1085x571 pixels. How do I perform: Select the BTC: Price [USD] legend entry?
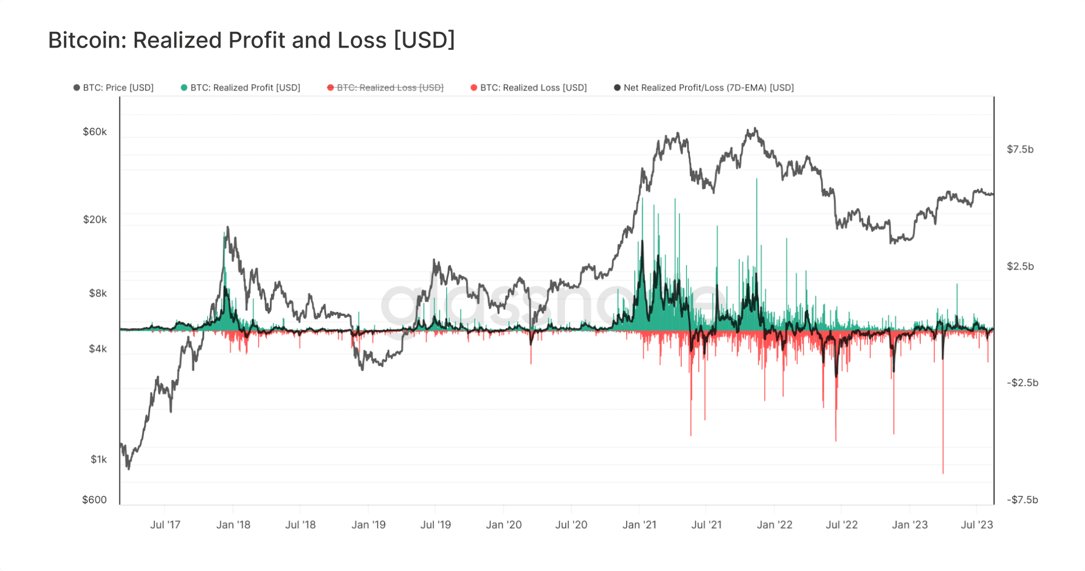click(x=114, y=88)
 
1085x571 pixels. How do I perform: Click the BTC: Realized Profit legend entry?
click(x=241, y=88)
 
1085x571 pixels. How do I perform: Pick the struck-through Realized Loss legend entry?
click(x=385, y=88)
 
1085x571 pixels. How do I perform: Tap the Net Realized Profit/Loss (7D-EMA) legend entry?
click(x=704, y=88)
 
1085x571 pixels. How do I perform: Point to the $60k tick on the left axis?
click(x=95, y=132)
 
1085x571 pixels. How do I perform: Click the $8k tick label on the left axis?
click(x=97, y=293)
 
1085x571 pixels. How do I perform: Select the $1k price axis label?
click(x=99, y=460)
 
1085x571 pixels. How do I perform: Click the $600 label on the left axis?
click(x=95, y=500)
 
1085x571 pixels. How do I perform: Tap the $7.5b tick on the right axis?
click(x=1020, y=150)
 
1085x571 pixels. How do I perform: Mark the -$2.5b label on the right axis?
click(x=1022, y=383)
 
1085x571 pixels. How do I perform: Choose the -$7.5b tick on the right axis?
click(x=1022, y=500)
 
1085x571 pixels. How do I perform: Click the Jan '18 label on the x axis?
click(x=233, y=525)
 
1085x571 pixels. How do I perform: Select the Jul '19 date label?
click(x=435, y=525)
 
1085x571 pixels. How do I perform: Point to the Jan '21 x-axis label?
click(x=639, y=525)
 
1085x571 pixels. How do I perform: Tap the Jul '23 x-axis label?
click(x=976, y=525)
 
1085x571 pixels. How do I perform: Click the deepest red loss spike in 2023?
click(x=943, y=472)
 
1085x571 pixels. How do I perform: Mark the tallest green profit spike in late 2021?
click(x=757, y=180)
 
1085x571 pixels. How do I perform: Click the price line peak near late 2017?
click(x=227, y=227)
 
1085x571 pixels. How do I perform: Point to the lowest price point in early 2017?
click(x=128, y=468)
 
